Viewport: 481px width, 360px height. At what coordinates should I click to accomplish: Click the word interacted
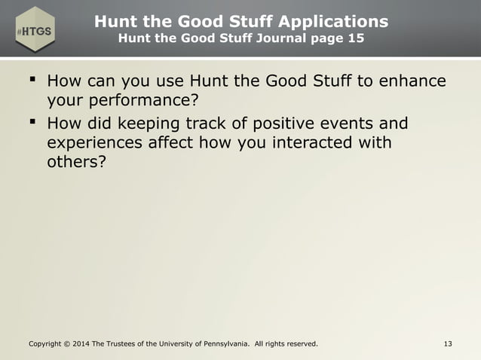click(305, 142)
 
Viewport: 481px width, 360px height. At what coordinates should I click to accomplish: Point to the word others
click(72, 163)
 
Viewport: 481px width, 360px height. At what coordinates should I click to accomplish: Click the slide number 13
click(449, 345)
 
